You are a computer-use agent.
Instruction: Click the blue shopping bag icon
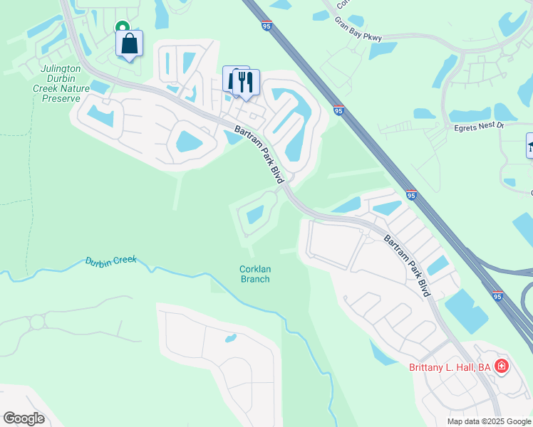click(x=129, y=44)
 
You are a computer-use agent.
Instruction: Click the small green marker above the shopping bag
click(x=123, y=26)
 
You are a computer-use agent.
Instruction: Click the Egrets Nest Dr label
click(x=479, y=126)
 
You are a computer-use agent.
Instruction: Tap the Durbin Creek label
click(x=110, y=261)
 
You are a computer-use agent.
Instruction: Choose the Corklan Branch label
click(x=254, y=274)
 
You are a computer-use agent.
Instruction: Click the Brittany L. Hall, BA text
click(x=450, y=367)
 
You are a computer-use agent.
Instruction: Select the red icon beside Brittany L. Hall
click(x=502, y=367)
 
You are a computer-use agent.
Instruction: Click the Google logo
click(x=24, y=418)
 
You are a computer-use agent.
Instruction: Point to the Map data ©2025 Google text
click(x=488, y=421)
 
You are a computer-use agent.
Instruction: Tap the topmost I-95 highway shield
click(x=266, y=26)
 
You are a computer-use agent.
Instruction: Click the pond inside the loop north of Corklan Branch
click(x=254, y=213)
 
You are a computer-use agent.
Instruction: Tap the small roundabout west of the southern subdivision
click(x=36, y=322)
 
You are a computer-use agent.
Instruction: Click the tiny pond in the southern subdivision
click(x=230, y=338)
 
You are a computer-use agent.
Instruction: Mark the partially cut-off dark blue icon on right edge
click(x=529, y=147)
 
